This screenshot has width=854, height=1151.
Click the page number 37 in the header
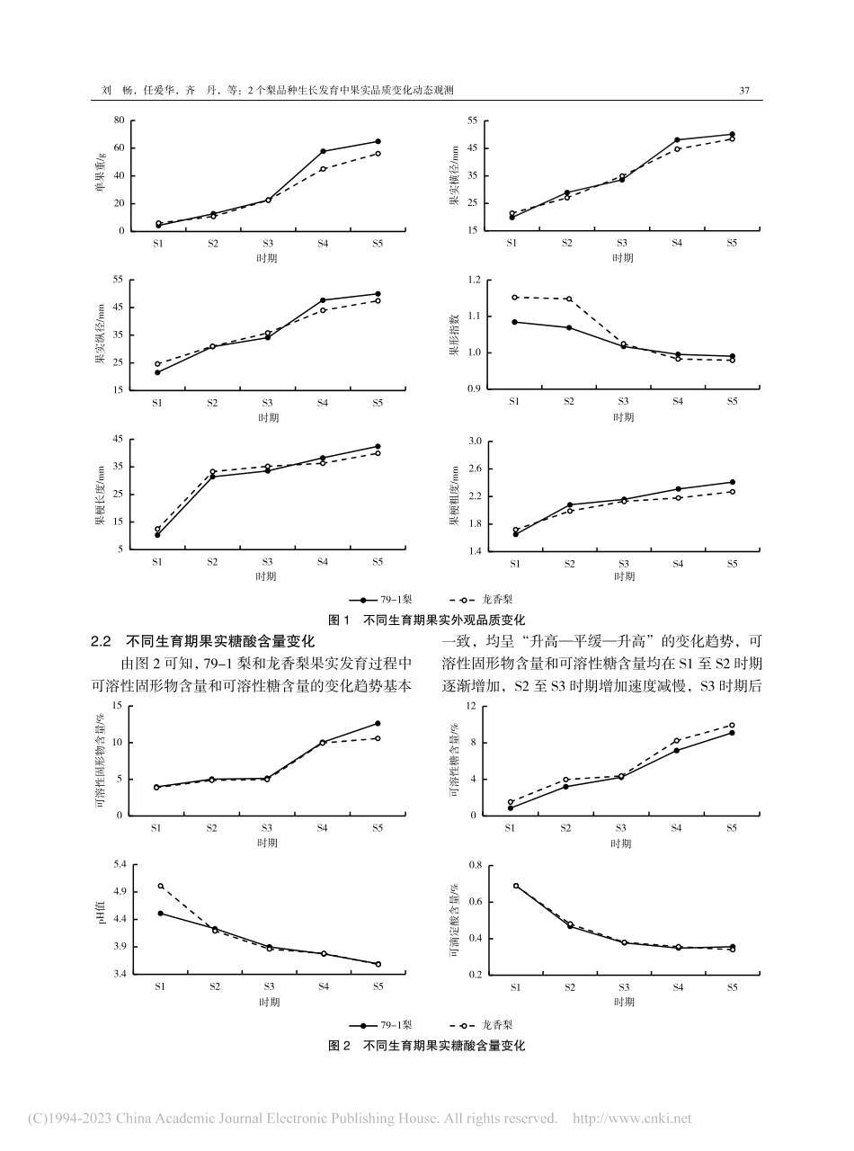coord(743,91)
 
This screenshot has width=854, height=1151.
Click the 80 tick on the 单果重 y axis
coord(119,120)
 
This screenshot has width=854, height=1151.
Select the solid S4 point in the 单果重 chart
coord(323,151)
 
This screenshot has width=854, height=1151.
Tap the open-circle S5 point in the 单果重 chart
coord(378,154)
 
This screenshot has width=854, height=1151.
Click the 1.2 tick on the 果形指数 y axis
coord(476,281)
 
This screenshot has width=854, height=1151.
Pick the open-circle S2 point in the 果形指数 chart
coord(569,299)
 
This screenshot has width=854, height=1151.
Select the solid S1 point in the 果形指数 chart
coord(514,322)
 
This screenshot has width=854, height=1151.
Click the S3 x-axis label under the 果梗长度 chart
coord(267,562)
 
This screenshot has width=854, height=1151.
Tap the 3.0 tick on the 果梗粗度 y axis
coord(476,442)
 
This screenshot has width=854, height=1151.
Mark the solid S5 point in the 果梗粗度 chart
coord(733,482)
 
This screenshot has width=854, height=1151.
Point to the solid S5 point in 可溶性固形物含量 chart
coord(378,723)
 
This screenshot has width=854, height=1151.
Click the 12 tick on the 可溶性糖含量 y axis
coord(471,707)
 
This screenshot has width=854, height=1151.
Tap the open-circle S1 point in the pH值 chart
coord(160,886)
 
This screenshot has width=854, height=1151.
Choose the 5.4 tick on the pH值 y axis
coord(119,865)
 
